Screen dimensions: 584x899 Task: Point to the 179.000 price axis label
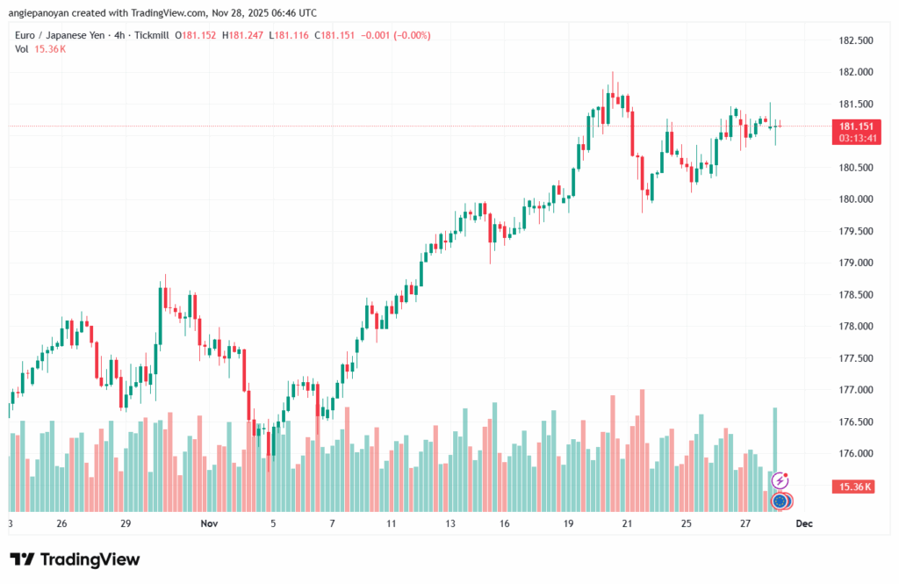click(856, 263)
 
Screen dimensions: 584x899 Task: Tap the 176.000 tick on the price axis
click(856, 453)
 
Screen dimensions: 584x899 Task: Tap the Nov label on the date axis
click(209, 523)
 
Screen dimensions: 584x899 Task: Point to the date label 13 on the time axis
click(450, 523)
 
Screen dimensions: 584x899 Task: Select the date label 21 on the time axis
click(627, 523)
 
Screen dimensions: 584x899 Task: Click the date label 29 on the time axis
click(126, 523)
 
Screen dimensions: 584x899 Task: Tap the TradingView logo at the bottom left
click(75, 559)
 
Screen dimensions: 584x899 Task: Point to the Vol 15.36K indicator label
click(40, 48)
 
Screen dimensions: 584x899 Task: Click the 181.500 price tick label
click(856, 104)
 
